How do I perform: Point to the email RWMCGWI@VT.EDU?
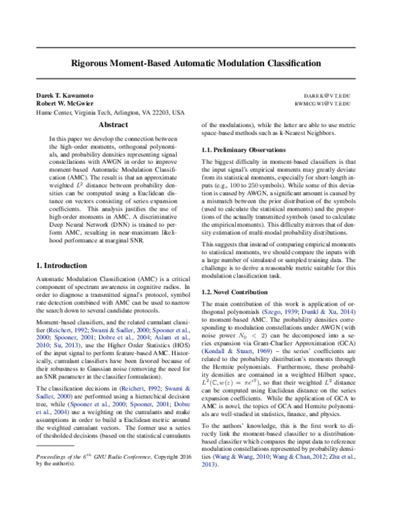point(340,104)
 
